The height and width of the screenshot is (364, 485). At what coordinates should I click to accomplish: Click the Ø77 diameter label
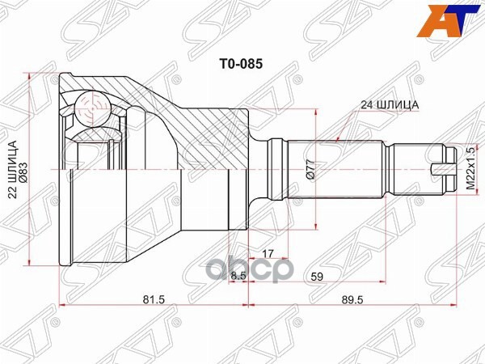311,172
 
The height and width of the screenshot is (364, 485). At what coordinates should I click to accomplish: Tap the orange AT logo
460,18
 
